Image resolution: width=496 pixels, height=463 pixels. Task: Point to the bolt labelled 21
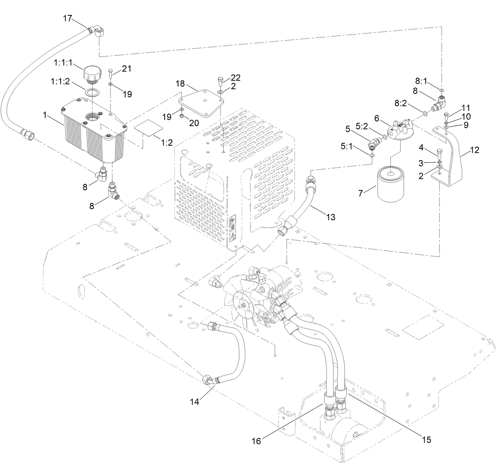[110, 73]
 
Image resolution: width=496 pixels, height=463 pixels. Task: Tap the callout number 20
[194, 123]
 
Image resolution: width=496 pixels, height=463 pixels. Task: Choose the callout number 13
[330, 217]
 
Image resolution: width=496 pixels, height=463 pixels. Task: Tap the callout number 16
[256, 441]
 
